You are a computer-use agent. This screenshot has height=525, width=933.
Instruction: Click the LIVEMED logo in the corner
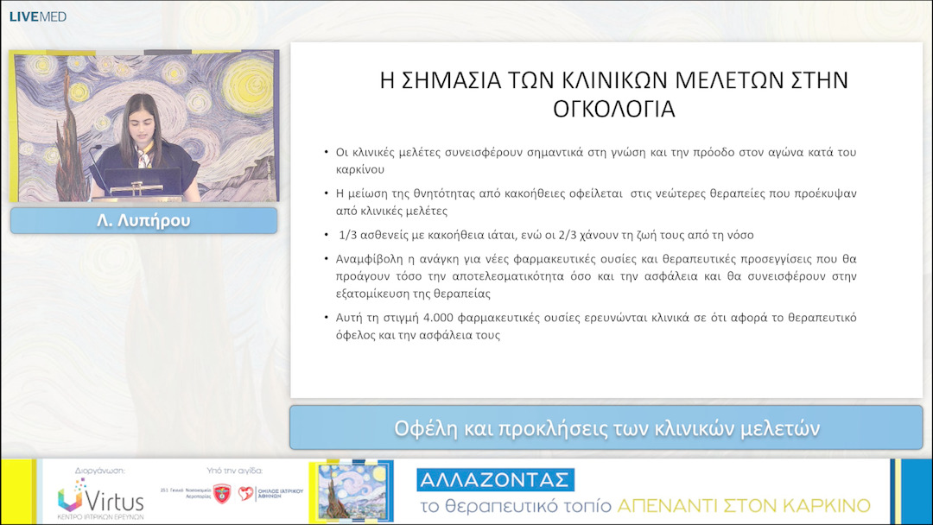(x=37, y=16)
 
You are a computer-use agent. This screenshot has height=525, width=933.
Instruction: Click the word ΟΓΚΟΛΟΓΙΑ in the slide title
(x=613, y=110)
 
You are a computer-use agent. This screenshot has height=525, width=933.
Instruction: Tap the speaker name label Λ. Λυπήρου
(x=143, y=220)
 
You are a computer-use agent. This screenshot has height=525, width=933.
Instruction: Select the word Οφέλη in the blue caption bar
(x=422, y=428)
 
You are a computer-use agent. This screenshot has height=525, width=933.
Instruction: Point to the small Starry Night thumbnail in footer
(x=349, y=490)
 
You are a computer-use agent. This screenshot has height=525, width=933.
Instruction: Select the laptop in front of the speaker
(x=143, y=183)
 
